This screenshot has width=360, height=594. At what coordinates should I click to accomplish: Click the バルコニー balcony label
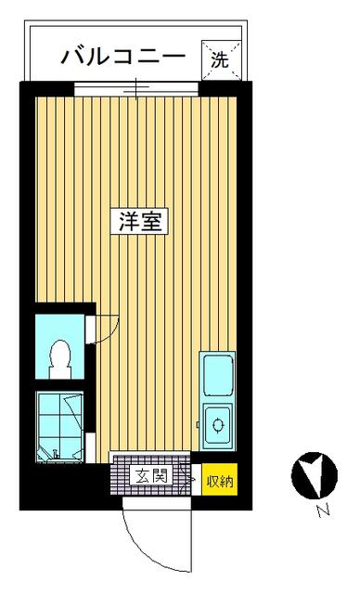click(x=123, y=58)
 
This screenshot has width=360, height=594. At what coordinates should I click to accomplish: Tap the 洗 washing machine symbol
click(x=221, y=59)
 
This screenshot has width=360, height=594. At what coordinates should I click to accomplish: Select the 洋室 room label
click(x=139, y=221)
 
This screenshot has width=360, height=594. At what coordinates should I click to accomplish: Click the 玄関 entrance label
click(x=151, y=475)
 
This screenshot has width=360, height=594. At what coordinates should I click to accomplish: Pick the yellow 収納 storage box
click(x=220, y=479)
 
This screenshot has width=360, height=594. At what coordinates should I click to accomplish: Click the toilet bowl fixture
click(x=59, y=359)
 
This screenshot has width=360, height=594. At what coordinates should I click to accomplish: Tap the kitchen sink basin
click(x=218, y=375)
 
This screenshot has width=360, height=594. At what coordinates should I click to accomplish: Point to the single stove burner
click(x=218, y=424)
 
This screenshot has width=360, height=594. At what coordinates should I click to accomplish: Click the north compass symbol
click(x=315, y=475)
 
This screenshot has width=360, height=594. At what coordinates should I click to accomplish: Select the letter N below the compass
click(x=323, y=511)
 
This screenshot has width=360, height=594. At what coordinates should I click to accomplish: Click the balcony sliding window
click(x=135, y=89)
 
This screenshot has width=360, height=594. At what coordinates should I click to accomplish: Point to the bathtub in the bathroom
click(x=59, y=426)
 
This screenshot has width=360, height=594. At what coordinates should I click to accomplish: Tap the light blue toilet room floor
click(x=59, y=346)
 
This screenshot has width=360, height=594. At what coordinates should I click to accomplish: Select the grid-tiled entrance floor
click(x=150, y=474)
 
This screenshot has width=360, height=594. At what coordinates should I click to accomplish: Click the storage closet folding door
click(x=187, y=479)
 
